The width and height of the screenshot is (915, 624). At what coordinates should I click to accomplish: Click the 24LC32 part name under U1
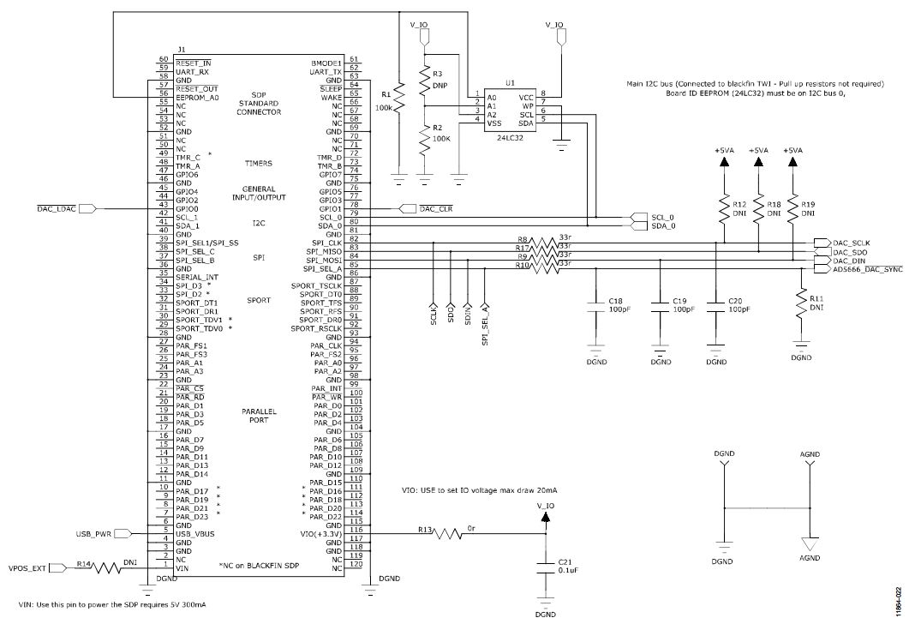click(510, 135)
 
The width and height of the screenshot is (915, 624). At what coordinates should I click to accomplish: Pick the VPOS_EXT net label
click(28, 567)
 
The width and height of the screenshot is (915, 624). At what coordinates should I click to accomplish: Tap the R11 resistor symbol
click(802, 303)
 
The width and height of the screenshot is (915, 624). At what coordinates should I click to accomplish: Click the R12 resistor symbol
click(722, 211)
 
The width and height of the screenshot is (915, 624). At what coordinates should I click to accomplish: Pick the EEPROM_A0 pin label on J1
click(197, 97)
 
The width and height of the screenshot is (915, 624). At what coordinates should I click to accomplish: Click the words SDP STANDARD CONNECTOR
click(260, 103)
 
